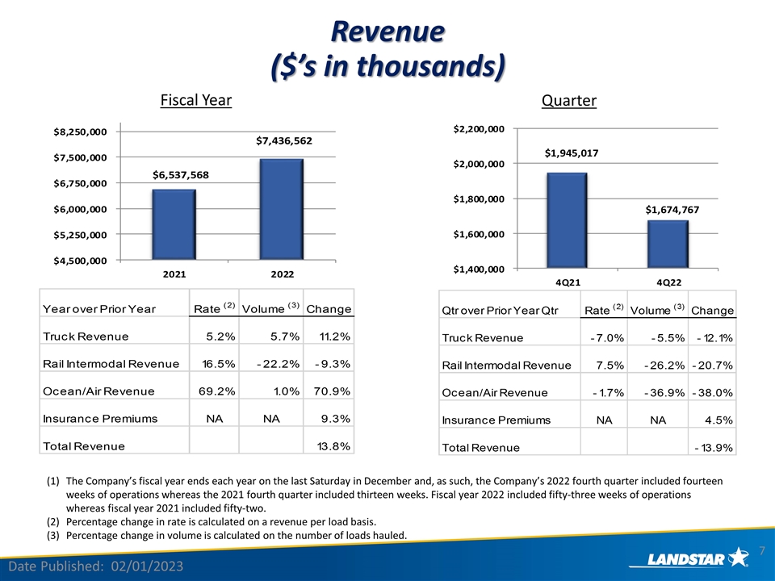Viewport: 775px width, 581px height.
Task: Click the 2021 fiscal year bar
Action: click(x=174, y=224)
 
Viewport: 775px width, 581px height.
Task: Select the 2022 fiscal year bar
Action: click(x=281, y=209)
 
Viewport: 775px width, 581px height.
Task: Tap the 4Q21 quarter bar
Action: click(x=567, y=221)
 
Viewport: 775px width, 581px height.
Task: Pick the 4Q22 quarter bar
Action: click(x=668, y=245)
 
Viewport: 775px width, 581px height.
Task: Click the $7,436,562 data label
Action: click(x=284, y=140)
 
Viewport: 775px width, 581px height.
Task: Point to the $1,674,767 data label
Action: click(x=672, y=210)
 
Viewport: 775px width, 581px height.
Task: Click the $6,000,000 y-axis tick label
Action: click(x=80, y=209)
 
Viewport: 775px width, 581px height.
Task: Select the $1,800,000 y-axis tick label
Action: click(x=479, y=199)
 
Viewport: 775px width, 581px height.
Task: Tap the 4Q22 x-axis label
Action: click(x=668, y=282)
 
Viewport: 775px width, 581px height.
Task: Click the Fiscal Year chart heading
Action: click(x=195, y=100)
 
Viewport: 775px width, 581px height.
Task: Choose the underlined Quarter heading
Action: click(x=569, y=100)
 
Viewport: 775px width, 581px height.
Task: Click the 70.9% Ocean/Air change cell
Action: click(x=332, y=391)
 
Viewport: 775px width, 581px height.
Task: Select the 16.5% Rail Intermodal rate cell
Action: click(x=219, y=364)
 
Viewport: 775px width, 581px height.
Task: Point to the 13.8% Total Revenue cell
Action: click(x=333, y=446)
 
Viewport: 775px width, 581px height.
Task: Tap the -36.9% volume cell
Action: click(x=664, y=393)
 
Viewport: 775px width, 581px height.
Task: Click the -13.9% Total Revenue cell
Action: click(x=714, y=448)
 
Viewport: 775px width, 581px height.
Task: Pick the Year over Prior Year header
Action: click(x=98, y=309)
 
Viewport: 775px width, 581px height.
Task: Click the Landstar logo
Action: click(x=689, y=558)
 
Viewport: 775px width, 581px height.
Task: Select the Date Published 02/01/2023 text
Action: click(x=96, y=566)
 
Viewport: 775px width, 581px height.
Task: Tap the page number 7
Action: click(x=761, y=550)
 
